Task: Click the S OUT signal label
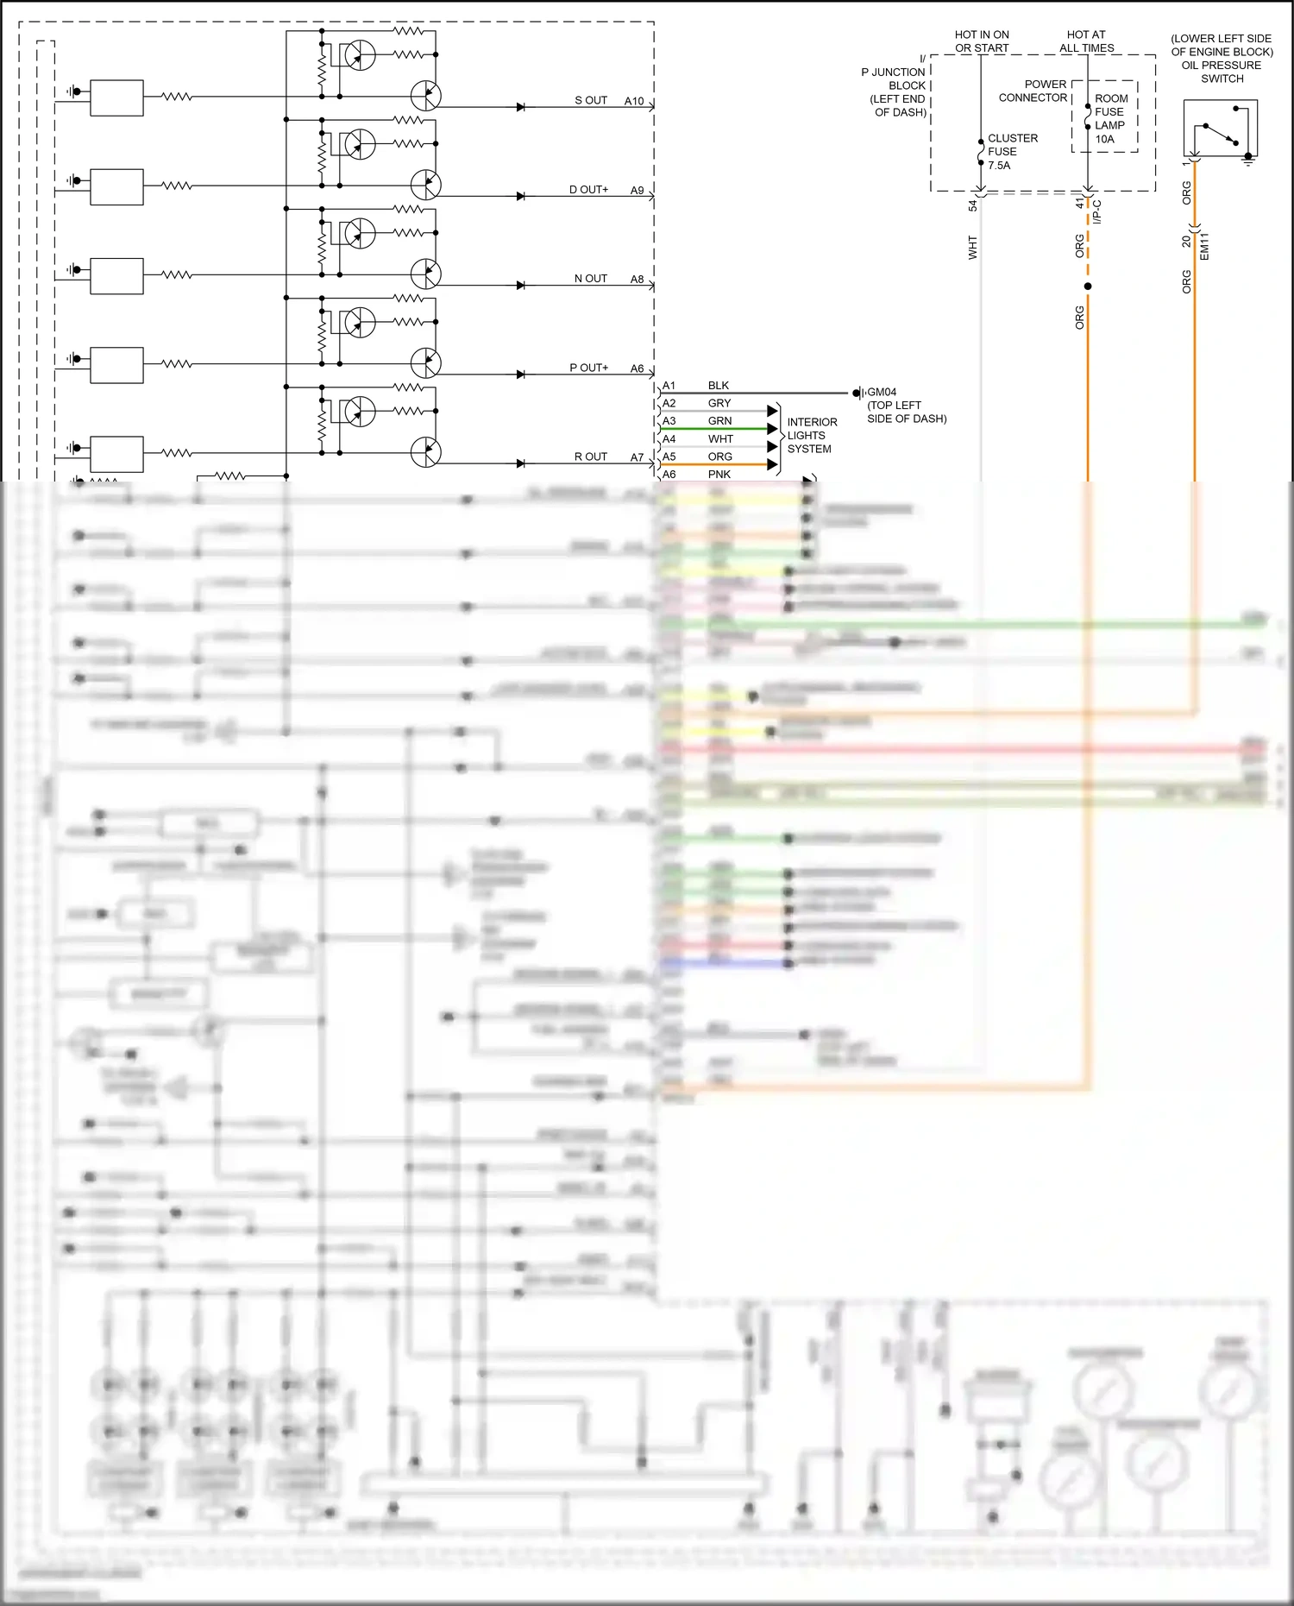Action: tap(591, 101)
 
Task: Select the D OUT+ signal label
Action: tap(588, 190)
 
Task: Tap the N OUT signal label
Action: tap(591, 279)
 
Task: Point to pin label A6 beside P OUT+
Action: tap(637, 368)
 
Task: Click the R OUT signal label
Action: tap(591, 457)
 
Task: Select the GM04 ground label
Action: tap(882, 393)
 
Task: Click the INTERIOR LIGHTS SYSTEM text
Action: tap(811, 436)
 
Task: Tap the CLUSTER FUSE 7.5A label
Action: tap(1012, 152)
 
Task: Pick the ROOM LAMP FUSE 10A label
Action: tap(1110, 119)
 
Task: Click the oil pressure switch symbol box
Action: tap(1220, 128)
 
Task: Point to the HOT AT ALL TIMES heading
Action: tap(1086, 41)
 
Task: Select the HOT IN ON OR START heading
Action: tap(982, 41)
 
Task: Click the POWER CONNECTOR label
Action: tap(1033, 91)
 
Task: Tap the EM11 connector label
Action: tap(1204, 247)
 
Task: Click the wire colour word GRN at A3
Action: tap(719, 421)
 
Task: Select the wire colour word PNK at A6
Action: tap(719, 475)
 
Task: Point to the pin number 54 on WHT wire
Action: tap(972, 206)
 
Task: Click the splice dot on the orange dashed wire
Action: tap(1088, 287)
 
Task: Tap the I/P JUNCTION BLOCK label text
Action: tap(895, 91)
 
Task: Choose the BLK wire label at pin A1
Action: tap(718, 386)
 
